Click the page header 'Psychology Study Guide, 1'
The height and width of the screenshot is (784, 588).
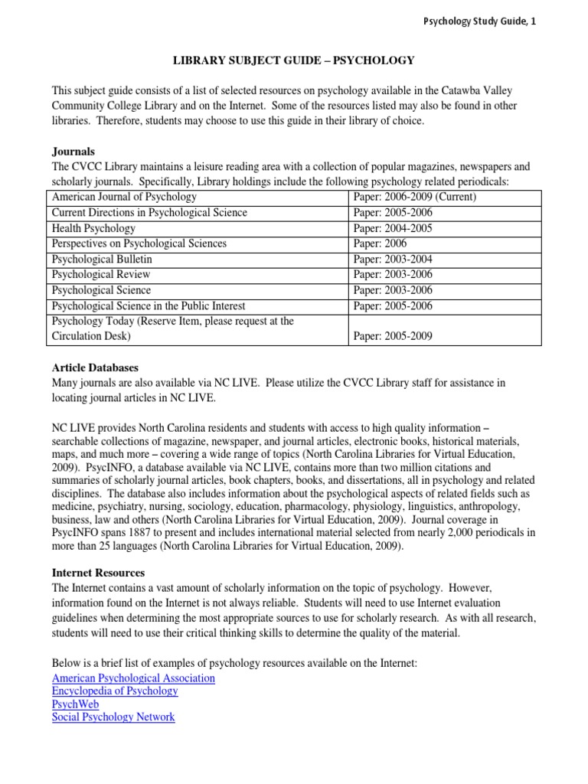point(479,21)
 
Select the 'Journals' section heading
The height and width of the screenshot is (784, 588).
point(73,152)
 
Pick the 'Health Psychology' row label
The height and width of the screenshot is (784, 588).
point(93,228)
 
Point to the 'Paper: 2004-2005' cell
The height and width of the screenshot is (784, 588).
point(393,228)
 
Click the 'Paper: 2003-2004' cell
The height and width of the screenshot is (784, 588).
point(393,260)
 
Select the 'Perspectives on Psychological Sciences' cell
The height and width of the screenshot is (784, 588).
point(139,243)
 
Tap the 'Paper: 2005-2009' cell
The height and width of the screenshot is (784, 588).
point(393,336)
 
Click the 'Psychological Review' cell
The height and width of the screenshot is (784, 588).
point(100,275)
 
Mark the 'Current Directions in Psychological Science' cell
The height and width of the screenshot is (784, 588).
point(149,213)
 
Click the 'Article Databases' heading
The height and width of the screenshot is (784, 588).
point(94,367)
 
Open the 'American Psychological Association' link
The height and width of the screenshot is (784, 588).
point(133,678)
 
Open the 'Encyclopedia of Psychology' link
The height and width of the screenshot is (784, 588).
point(115,691)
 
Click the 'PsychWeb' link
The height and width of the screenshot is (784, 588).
point(75,704)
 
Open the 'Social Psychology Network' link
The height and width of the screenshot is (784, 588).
point(113,717)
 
